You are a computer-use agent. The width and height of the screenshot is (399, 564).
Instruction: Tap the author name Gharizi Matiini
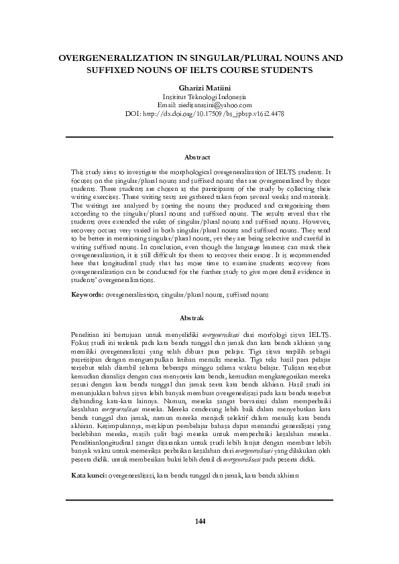[x=199, y=88]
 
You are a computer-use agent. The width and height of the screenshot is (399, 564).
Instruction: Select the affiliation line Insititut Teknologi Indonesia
[x=199, y=97]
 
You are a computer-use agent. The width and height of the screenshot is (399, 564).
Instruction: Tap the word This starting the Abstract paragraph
[x=78, y=173]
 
